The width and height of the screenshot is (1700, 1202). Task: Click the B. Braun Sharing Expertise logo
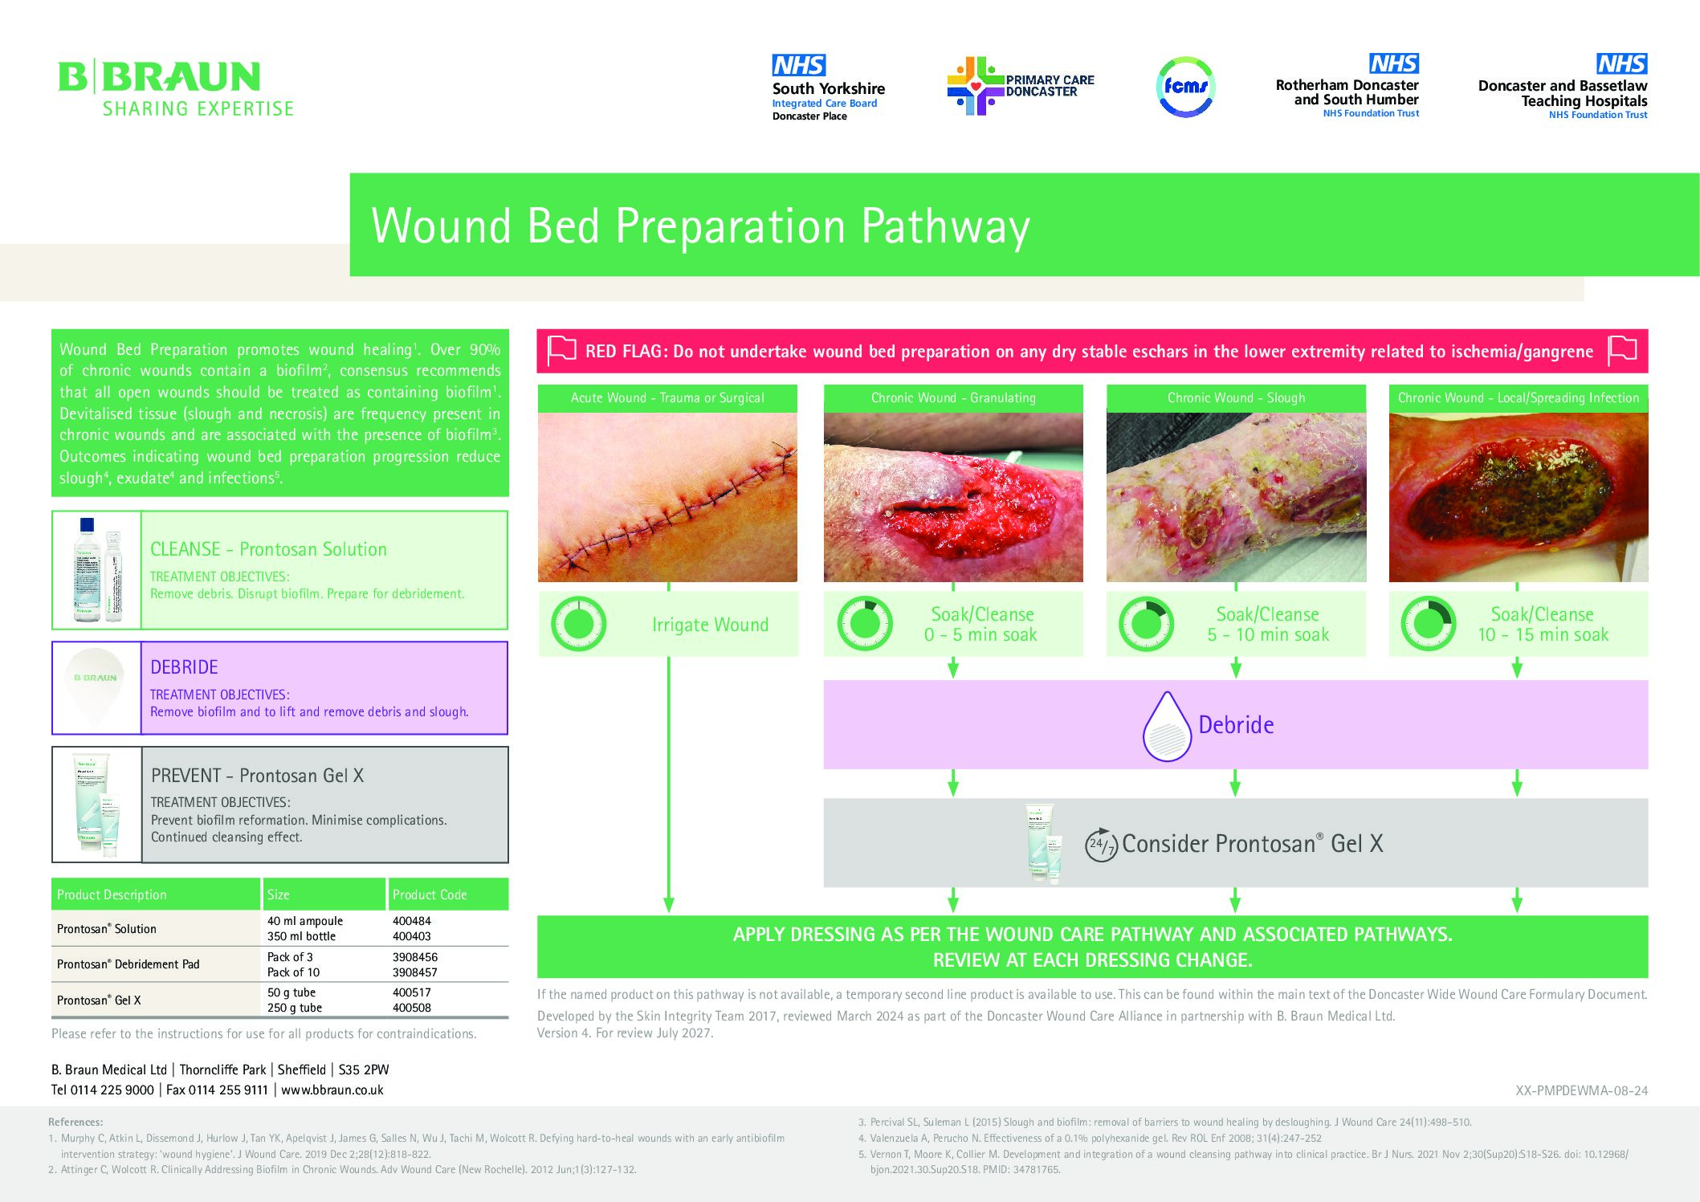click(x=176, y=88)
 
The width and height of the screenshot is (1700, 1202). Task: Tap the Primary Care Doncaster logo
click(x=1021, y=86)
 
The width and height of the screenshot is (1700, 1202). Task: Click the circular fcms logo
click(x=1185, y=87)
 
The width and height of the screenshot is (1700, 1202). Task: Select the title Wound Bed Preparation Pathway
click(x=700, y=226)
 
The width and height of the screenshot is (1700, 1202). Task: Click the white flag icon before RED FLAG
click(x=561, y=351)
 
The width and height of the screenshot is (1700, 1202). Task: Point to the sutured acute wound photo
click(x=667, y=497)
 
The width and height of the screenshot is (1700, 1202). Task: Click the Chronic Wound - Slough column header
click(x=1236, y=398)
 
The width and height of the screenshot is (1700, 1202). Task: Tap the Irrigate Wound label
click(x=710, y=625)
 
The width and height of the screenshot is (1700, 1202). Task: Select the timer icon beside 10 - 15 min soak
click(x=1428, y=624)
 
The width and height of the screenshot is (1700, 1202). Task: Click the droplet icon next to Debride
click(x=1166, y=727)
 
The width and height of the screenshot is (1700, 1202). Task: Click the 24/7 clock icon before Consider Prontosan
click(x=1101, y=845)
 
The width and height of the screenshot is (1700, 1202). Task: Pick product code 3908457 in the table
click(x=414, y=972)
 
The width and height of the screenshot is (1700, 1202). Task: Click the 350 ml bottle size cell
click(x=301, y=936)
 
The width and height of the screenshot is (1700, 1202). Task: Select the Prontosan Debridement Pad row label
click(x=128, y=964)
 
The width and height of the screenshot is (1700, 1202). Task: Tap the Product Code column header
click(x=430, y=894)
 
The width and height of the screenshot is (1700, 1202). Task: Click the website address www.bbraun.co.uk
click(x=332, y=1090)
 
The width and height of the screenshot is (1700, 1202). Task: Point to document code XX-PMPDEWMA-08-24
click(x=1581, y=1091)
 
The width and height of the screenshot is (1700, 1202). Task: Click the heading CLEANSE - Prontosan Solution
click(x=268, y=549)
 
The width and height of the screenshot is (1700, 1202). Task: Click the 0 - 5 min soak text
click(x=980, y=635)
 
